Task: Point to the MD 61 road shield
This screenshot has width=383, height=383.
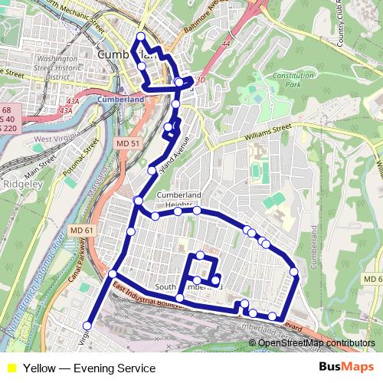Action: pos(67,229)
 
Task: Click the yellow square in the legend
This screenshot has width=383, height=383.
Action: pos(11,368)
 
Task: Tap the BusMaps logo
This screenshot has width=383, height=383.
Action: pos(346,368)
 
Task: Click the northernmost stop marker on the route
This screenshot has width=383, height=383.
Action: pos(140,36)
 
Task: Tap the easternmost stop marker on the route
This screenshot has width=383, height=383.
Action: pos(293,270)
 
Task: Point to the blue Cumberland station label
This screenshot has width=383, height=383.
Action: pos(121,99)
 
